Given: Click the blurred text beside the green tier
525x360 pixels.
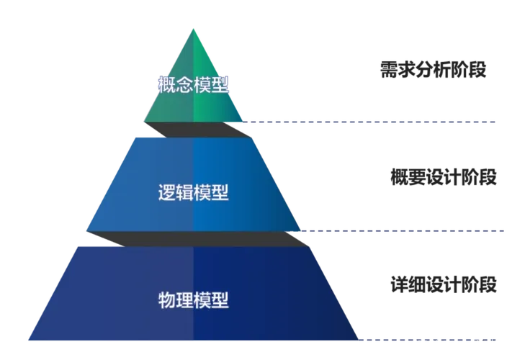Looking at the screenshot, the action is [432, 69].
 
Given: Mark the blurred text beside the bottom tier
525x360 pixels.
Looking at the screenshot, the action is [442, 282].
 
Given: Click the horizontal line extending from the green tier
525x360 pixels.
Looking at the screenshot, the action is [374, 123].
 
